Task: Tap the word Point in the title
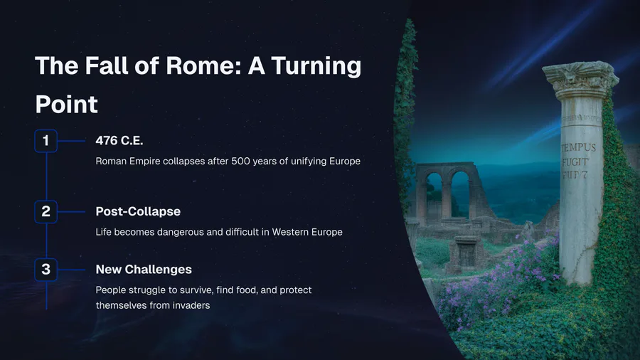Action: pos(67,104)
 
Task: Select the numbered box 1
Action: pos(46,141)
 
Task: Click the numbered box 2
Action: pos(46,211)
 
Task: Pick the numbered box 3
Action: pos(46,270)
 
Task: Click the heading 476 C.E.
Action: pos(119,141)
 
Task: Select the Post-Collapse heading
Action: pos(138,211)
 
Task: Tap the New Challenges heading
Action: pos(144,270)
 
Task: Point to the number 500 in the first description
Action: pos(240,162)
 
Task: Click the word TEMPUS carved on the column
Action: pos(579,147)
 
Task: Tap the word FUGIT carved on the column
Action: pos(575,162)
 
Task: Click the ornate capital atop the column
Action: pos(580,79)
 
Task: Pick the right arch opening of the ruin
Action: pos(460,194)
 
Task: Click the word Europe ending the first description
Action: pos(345,162)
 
